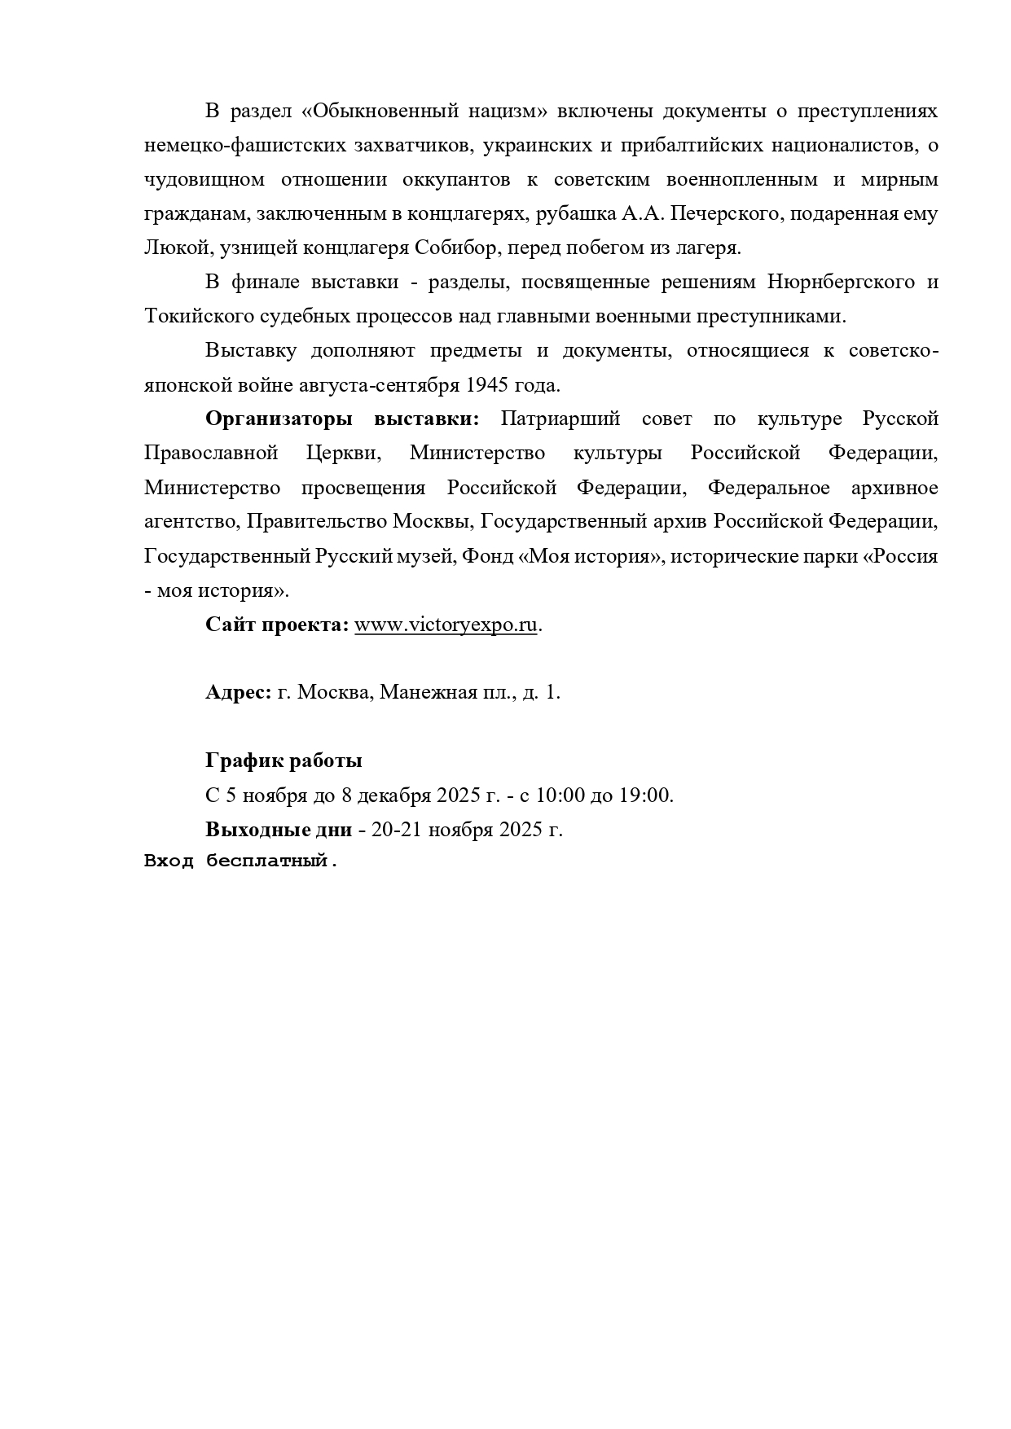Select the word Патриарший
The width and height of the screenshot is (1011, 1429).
tap(560, 419)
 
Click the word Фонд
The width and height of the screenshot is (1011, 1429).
tap(487, 557)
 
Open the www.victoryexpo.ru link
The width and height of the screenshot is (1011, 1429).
tap(446, 625)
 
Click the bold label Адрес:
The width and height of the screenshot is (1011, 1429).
tap(238, 693)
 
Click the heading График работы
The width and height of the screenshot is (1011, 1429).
tap(284, 761)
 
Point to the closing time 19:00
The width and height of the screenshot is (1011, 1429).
tap(646, 796)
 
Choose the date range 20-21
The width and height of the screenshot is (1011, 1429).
tap(397, 831)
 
